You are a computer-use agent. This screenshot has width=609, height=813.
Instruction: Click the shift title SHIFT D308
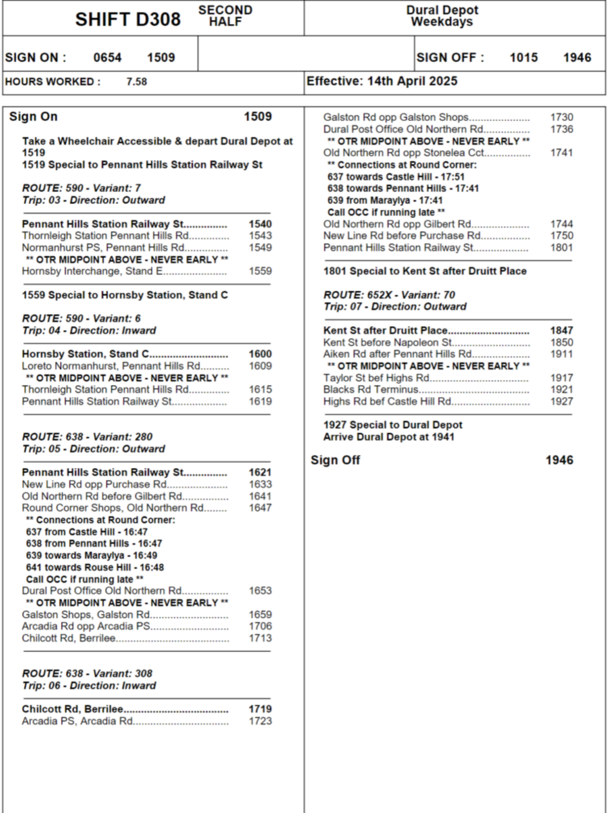(x=128, y=20)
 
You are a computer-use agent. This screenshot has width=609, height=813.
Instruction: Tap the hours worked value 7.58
(x=136, y=82)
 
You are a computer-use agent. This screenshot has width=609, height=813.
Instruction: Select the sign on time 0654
(x=108, y=57)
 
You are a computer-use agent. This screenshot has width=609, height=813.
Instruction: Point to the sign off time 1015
(x=523, y=57)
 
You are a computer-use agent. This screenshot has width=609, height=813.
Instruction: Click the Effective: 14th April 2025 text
(x=382, y=81)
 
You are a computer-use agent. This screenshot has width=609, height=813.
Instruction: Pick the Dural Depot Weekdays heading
(x=442, y=16)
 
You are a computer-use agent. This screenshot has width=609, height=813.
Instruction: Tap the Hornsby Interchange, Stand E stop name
(x=92, y=271)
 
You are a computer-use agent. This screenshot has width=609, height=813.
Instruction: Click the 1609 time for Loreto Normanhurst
(x=260, y=366)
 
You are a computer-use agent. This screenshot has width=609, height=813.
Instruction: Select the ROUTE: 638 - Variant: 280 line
(x=87, y=437)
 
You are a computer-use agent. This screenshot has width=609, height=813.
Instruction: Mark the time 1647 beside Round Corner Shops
(x=260, y=508)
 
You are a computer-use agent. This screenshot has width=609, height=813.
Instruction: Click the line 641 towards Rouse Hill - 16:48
(x=95, y=567)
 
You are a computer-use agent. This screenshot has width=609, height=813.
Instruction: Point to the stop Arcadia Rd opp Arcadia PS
(x=86, y=626)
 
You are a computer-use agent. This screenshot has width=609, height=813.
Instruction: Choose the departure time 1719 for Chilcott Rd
(x=260, y=709)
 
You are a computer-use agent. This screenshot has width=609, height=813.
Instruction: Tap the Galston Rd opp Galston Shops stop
(x=396, y=117)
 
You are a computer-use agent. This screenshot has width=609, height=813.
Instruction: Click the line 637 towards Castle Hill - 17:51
(x=396, y=177)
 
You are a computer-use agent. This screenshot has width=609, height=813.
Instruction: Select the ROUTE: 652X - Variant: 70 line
(x=389, y=295)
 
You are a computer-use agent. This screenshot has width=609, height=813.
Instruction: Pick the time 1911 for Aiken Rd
(x=561, y=354)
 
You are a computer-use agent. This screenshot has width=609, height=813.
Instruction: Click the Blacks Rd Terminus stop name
(x=371, y=389)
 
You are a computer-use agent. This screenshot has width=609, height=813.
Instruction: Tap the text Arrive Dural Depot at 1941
(x=389, y=437)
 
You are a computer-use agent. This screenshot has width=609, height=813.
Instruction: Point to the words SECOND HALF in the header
(x=225, y=16)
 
